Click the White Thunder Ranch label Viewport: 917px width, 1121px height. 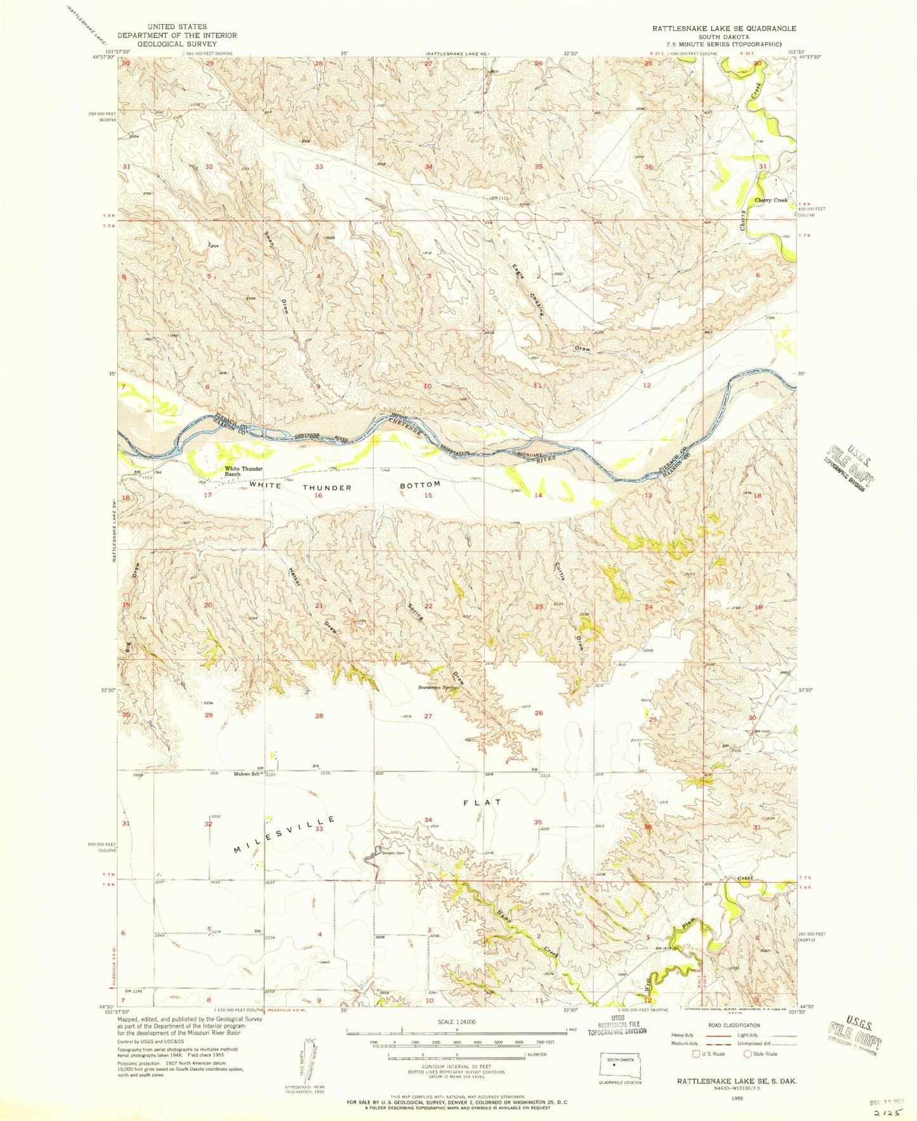(243, 471)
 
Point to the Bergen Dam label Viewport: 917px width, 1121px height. (393, 853)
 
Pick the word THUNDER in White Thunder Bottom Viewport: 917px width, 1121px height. (327, 487)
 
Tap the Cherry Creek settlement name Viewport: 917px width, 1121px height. (770, 200)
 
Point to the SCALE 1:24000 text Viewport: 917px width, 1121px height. (456, 1022)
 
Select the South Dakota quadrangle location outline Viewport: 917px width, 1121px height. (620, 1066)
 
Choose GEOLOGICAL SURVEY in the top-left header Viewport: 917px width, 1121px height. (176, 44)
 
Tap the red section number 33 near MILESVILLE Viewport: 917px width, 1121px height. (319, 829)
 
